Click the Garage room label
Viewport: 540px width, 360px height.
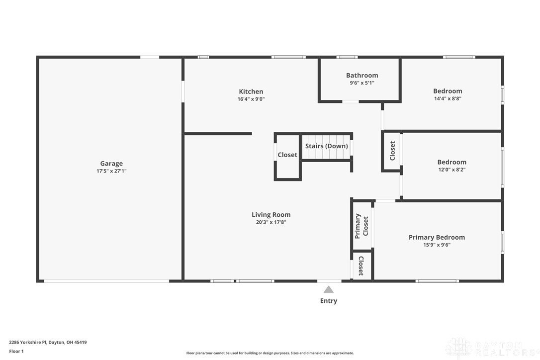(111, 163)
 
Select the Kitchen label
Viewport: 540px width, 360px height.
(251, 91)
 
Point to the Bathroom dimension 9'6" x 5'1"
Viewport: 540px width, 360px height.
(362, 83)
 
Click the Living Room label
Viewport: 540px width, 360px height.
(271, 215)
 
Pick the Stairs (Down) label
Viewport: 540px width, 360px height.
(327, 146)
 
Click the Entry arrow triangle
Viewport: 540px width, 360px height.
(328, 289)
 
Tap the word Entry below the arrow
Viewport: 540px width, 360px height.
(328, 301)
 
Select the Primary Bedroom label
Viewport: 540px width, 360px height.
(437, 237)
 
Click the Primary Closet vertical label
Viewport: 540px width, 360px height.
(361, 226)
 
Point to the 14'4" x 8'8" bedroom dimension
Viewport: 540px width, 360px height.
(448, 98)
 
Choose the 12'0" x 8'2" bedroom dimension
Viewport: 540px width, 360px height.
(451, 170)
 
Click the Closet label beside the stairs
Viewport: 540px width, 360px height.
(287, 155)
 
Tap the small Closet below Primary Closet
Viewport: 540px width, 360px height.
(361, 266)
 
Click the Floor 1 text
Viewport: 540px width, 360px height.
(16, 351)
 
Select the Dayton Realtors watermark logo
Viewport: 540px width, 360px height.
(490, 347)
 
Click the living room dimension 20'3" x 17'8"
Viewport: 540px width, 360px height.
(271, 222)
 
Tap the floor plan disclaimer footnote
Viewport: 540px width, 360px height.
(270, 353)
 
